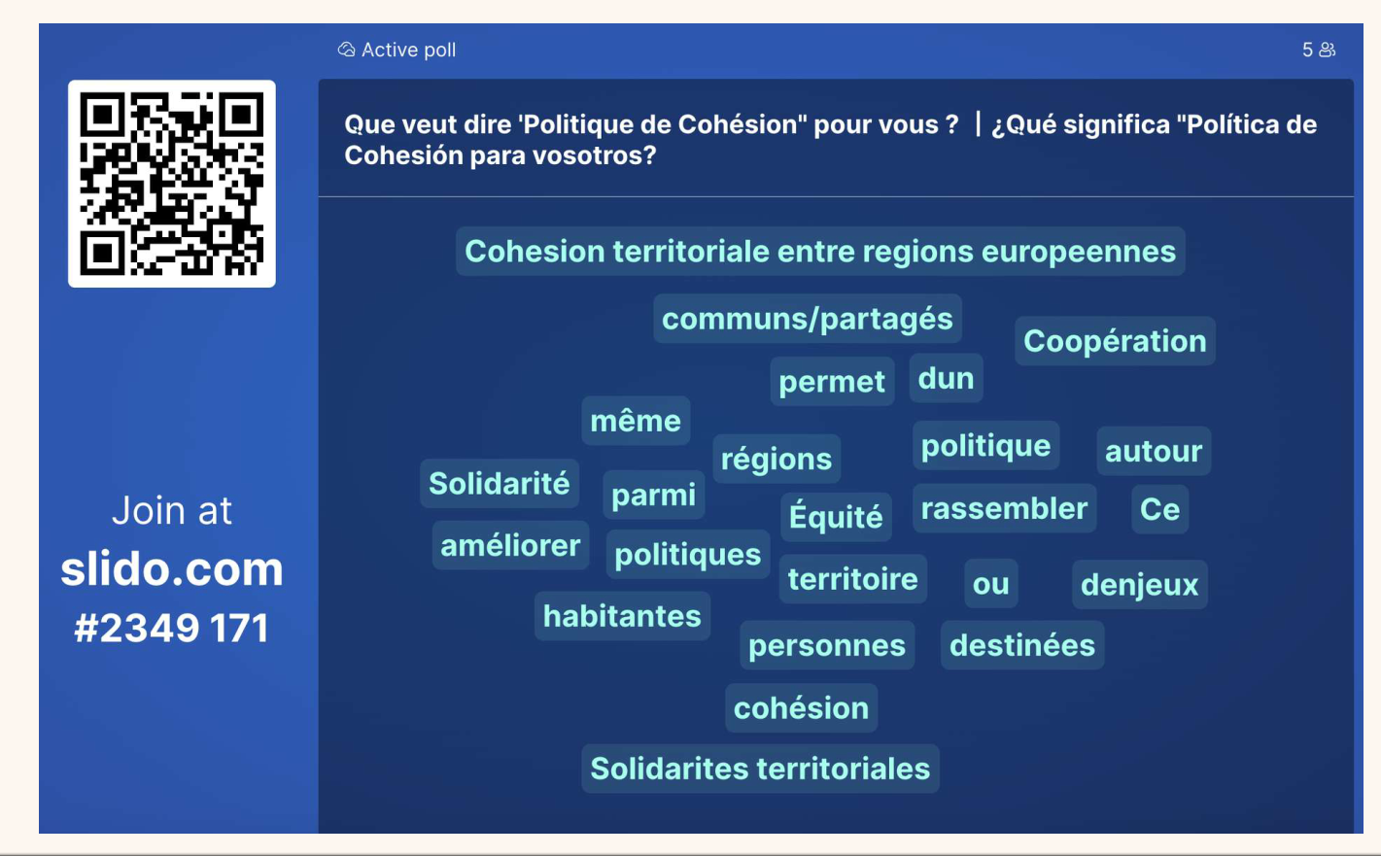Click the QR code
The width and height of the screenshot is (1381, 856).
pos(172,184)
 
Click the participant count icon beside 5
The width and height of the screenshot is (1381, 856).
pos(1328,50)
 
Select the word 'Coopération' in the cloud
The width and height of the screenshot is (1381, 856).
pos(1115,341)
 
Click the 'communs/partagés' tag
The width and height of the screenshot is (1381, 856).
pos(808,319)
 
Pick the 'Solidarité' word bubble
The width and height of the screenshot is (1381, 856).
pos(500,483)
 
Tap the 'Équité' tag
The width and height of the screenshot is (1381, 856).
pos(836,517)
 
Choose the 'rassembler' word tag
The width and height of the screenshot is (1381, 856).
pos(1004,508)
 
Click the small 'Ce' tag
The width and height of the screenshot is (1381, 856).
pos(1159,509)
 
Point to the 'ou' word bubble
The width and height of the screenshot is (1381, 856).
pos(990,584)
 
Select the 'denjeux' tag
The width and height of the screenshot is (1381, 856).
pos(1139,584)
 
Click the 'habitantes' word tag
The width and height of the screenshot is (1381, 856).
pos(622,616)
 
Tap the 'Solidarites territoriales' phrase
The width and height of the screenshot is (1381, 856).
pos(760,769)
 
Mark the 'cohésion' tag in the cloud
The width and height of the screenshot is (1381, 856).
pos(801,708)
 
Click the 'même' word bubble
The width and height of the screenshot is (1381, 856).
pos(636,421)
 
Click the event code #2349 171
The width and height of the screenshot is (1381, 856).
pos(172,628)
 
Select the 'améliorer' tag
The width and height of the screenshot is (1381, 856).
pos(510,545)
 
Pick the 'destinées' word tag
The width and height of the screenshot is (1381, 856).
pos(1022,645)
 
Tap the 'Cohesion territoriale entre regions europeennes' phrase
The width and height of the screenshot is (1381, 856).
pos(820,252)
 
